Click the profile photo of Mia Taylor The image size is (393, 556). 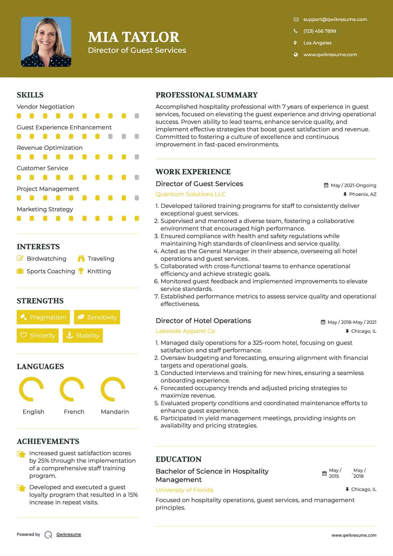point(46,42)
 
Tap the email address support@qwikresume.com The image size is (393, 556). point(335,19)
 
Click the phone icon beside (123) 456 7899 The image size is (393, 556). point(296,31)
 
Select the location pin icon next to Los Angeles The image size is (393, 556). point(295,43)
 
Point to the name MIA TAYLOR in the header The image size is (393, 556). point(134,37)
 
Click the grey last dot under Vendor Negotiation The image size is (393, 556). point(137,116)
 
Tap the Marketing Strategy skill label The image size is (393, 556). point(45,209)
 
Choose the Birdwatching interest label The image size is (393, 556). point(46,259)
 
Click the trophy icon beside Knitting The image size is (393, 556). point(81,271)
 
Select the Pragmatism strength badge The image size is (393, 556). point(43,317)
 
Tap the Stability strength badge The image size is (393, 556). point(83,335)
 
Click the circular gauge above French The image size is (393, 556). point(72,389)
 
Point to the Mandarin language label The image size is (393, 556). point(115,412)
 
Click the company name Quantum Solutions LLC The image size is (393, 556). point(190,194)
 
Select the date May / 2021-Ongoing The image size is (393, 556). point(353,185)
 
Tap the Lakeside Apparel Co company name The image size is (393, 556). point(185,331)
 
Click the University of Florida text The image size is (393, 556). point(184,490)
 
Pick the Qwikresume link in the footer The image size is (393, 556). point(69,534)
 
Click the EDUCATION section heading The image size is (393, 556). point(178,459)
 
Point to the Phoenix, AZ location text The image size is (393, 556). point(363,194)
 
